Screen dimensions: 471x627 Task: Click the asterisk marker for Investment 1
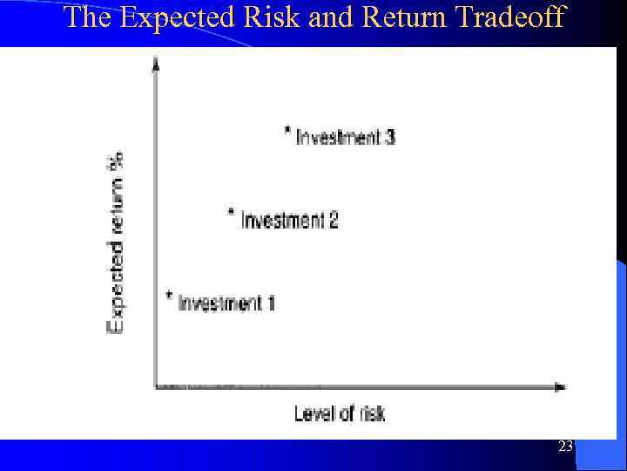(169, 296)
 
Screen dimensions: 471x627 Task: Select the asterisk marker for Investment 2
(231, 212)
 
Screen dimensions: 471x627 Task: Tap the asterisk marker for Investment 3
(287, 131)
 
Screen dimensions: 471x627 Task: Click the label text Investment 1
(226, 304)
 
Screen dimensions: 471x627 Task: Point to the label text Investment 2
(289, 220)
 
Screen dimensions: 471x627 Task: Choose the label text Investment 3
(346, 137)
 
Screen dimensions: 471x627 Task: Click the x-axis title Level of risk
(340, 413)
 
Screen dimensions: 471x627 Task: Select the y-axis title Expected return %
(116, 252)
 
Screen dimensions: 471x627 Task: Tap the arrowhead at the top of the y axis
(156, 62)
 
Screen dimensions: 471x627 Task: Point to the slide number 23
(565, 447)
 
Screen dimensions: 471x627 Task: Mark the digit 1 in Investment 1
(271, 304)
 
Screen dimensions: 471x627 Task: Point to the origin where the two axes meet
(156, 386)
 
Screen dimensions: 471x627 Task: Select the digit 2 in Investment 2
(333, 220)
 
